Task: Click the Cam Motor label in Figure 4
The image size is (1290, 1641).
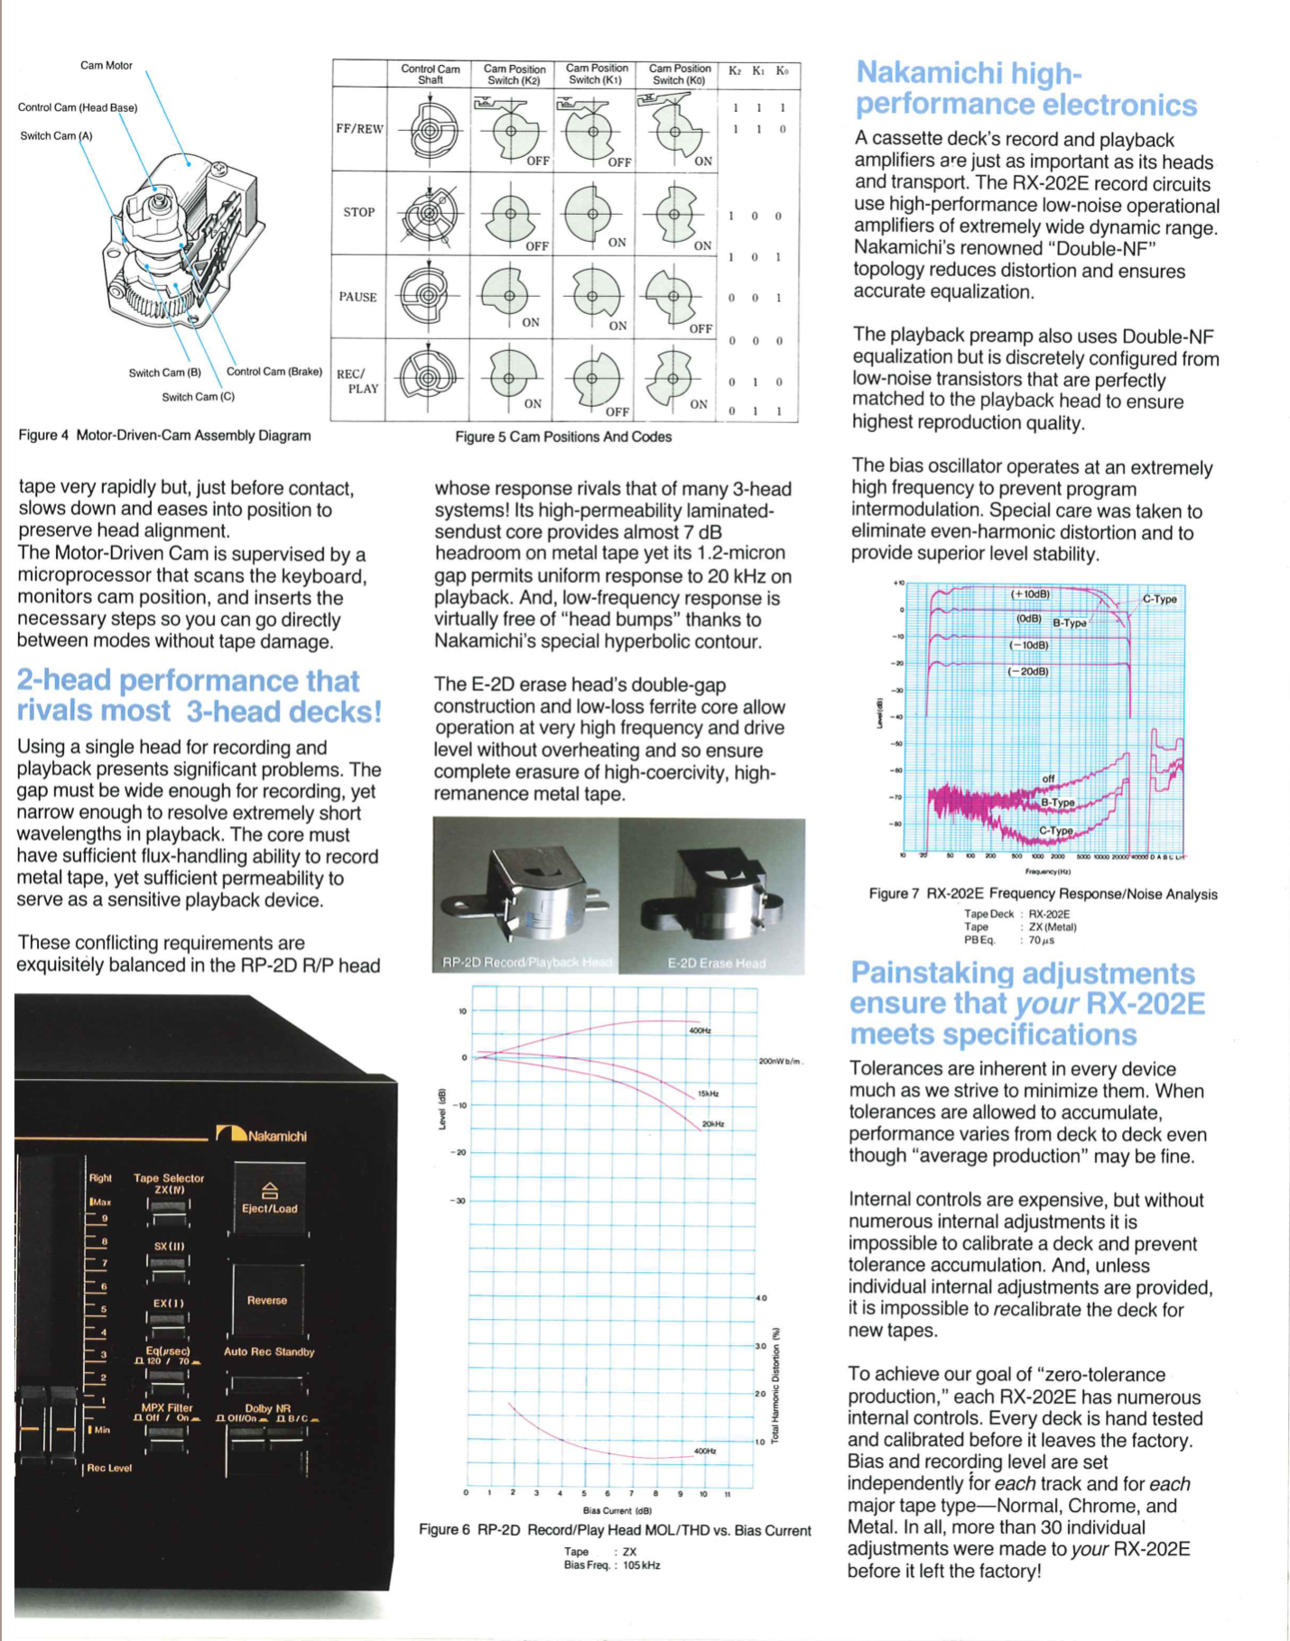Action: (x=106, y=65)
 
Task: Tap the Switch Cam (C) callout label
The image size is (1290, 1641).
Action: (x=198, y=397)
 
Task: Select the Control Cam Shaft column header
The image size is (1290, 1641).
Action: (x=430, y=74)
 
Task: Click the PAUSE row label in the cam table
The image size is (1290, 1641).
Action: (x=357, y=297)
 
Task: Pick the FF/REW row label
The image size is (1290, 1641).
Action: (x=359, y=129)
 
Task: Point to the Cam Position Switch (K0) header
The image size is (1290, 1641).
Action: (x=679, y=74)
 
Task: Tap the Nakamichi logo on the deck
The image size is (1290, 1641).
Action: (x=262, y=1135)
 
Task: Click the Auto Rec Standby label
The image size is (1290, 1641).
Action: (x=269, y=1351)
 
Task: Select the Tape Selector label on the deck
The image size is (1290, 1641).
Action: (x=169, y=1178)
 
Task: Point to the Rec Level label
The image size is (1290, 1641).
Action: (x=108, y=1469)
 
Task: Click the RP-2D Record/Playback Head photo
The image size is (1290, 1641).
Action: (x=526, y=896)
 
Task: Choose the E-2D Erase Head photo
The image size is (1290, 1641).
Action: (x=713, y=896)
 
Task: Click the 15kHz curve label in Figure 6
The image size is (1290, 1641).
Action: (x=708, y=1094)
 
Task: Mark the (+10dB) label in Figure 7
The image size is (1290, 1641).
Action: (x=1029, y=595)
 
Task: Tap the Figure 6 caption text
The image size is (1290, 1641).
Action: (x=614, y=1530)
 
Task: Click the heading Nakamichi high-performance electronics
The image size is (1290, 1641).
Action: (x=1026, y=88)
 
